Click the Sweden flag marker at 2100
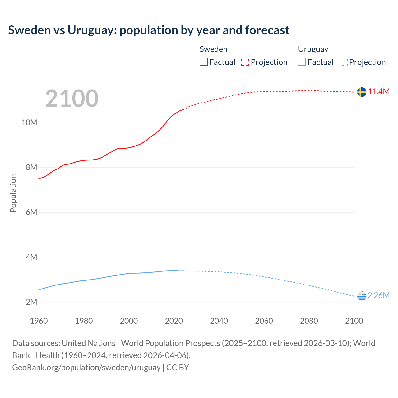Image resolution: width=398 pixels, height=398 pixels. [362, 92]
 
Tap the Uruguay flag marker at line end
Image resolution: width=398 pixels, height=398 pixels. [362, 296]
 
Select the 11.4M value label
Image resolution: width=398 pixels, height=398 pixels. [379, 91]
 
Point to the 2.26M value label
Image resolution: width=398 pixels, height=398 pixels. [379, 295]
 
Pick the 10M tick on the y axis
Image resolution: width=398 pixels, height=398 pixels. [29, 123]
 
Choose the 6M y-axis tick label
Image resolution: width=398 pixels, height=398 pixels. [31, 212]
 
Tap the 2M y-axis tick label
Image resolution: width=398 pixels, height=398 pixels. [31, 302]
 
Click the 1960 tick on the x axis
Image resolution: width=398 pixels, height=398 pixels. [39, 321]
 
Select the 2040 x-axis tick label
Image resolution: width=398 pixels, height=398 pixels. [219, 321]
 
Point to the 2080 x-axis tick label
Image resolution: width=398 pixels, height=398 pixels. [309, 321]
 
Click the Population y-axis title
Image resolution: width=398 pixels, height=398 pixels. [13, 193]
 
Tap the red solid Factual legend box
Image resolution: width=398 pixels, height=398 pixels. [203, 62]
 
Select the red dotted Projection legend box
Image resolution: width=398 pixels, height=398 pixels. [245, 62]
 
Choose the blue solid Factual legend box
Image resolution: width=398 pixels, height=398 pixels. [302, 62]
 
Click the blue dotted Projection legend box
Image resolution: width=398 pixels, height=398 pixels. [344, 62]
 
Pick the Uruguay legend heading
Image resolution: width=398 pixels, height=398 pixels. [313, 49]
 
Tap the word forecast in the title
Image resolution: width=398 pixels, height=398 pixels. [267, 30]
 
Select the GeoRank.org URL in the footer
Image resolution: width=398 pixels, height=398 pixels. [86, 367]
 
